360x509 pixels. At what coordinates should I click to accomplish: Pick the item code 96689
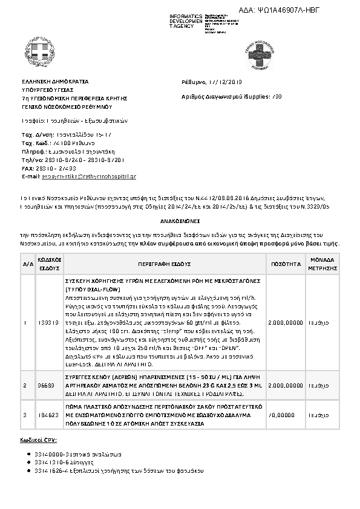point(47,384)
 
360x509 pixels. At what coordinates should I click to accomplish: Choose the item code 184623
point(47,415)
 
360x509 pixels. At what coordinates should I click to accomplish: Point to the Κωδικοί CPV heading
point(38,441)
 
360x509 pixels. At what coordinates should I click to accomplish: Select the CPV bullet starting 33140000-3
point(71,453)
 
